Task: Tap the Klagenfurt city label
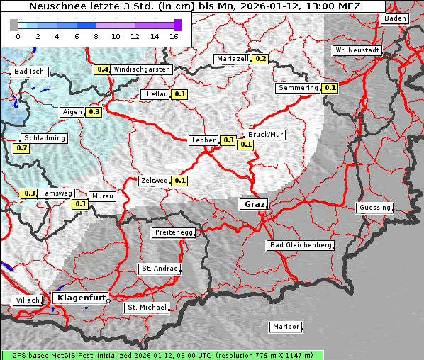tap(80, 298)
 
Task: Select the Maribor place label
tap(286, 327)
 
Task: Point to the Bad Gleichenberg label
tap(300, 245)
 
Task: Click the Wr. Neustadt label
tap(357, 50)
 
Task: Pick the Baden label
tap(396, 18)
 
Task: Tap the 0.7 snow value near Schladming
tap(21, 148)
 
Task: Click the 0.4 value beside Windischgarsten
tap(103, 69)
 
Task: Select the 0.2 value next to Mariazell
tap(260, 59)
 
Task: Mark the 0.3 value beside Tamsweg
tap(30, 193)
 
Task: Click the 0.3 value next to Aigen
tap(94, 112)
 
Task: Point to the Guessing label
tap(374, 208)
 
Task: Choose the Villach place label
tap(27, 300)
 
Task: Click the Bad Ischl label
tap(30, 72)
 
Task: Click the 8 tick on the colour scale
tap(96, 35)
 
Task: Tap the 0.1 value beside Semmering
tap(330, 88)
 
